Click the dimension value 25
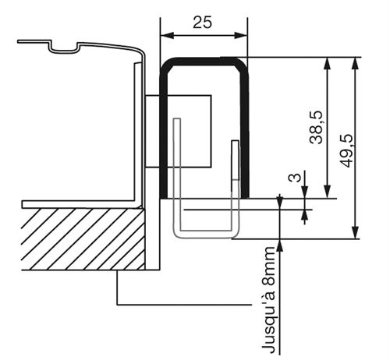tap(202, 22)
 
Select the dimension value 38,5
tap(316, 128)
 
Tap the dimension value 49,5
tap(346, 150)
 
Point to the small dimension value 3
tap(295, 178)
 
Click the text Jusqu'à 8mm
tap(268, 300)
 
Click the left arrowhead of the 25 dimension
tap(167, 35)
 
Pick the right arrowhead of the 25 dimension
tap(241, 35)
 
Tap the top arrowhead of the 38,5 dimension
tap(328, 64)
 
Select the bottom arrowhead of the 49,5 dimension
tap(355, 232)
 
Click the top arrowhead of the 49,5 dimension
tap(355, 64)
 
